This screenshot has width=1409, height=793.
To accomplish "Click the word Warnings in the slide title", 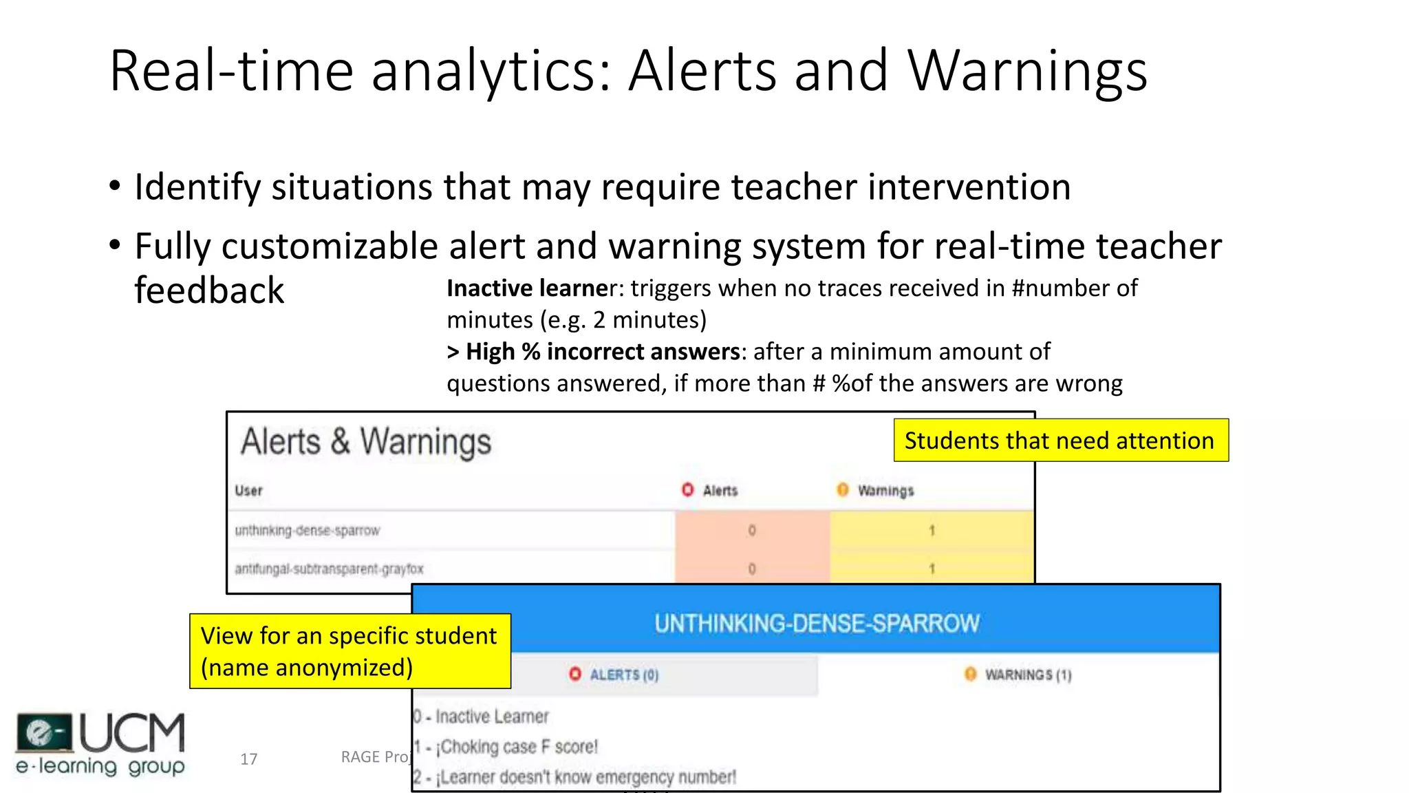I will point(1027,72).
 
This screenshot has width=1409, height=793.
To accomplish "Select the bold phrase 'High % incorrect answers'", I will point(602,352).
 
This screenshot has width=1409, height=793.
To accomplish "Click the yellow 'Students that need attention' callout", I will point(1060,441).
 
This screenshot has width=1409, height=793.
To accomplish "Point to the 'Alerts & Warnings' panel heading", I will point(366,442).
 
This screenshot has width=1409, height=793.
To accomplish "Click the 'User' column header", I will point(248,491).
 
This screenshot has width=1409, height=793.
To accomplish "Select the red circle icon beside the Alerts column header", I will point(687,489).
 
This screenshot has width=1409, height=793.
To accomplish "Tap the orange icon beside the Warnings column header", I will point(842,489).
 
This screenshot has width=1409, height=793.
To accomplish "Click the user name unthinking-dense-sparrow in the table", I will point(307,531).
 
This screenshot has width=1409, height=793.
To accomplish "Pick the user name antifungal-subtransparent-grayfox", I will point(329,569).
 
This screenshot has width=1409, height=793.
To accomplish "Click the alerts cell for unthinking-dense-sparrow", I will point(751,531).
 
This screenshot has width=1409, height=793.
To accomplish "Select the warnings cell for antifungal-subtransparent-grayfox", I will point(932,569).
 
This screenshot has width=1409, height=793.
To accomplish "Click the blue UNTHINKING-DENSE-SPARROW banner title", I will point(817,624).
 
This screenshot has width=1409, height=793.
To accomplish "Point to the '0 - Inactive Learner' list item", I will point(482,717).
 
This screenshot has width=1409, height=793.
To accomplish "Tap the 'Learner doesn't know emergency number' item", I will point(575,778).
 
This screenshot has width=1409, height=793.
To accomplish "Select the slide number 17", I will point(248,759).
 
